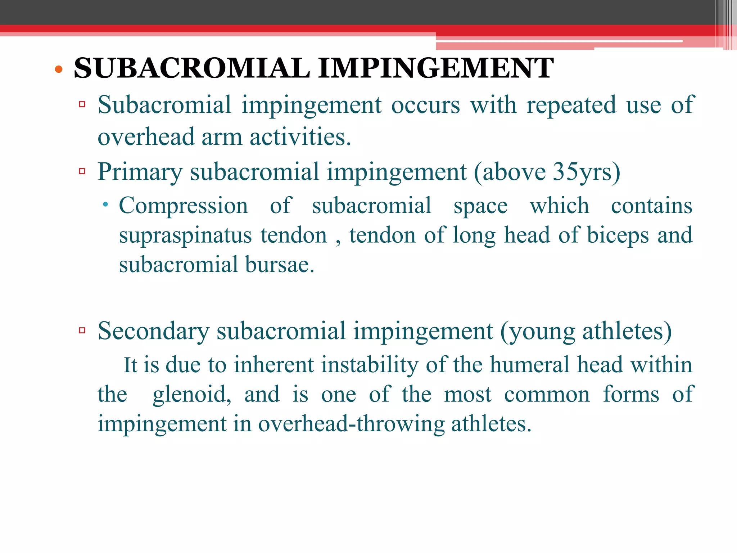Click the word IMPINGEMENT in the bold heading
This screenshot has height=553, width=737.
tap(436, 68)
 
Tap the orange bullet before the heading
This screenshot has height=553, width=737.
tap(59, 69)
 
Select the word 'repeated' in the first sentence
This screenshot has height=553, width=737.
tap(571, 105)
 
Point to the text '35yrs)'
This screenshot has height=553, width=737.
tap(587, 172)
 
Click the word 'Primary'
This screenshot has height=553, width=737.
tap(140, 172)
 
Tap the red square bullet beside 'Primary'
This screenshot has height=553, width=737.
tap(82, 171)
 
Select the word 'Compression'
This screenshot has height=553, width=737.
tap(184, 206)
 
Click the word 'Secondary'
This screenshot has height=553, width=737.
tap(153, 331)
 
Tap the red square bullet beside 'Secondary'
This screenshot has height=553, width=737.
tap(82, 330)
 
